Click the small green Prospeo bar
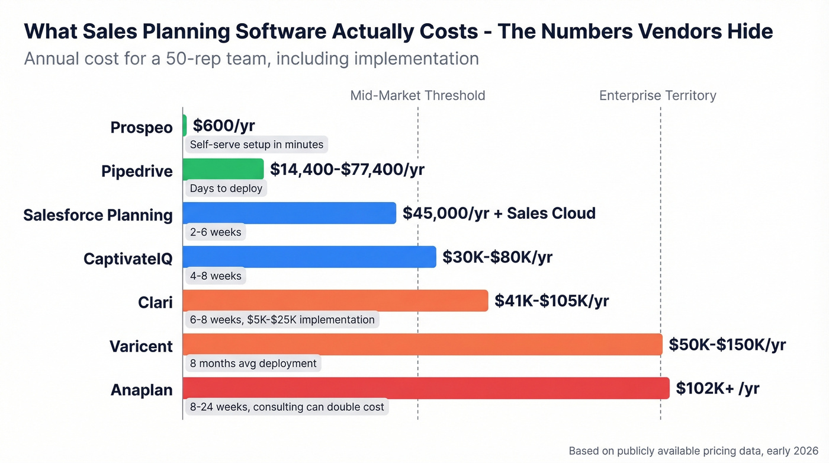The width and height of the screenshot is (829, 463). pyautogui.click(x=185, y=126)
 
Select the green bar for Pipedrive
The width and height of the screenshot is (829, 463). pyautogui.click(x=223, y=169)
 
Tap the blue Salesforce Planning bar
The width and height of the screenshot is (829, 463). pyautogui.click(x=289, y=213)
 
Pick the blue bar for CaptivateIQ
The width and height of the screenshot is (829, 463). pyautogui.click(x=309, y=257)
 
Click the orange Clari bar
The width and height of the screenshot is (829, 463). pyautogui.click(x=335, y=301)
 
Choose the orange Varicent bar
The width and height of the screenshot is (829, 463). pyautogui.click(x=422, y=344)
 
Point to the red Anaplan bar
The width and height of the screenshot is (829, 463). pyautogui.click(x=426, y=388)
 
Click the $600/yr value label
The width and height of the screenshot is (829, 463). pyautogui.click(x=224, y=126)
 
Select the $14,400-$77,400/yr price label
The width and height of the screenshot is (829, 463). pyautogui.click(x=347, y=169)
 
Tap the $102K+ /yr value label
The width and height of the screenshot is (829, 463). pyautogui.click(x=718, y=388)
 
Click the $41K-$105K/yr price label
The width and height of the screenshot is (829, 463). pyautogui.click(x=552, y=301)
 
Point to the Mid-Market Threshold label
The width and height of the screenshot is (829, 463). pyautogui.click(x=417, y=95)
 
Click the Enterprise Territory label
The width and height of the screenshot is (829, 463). pyautogui.click(x=657, y=95)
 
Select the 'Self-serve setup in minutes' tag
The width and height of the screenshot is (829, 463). pyautogui.click(x=256, y=145)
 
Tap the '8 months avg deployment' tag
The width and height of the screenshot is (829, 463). pyautogui.click(x=253, y=363)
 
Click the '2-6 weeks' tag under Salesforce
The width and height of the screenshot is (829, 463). pyautogui.click(x=216, y=232)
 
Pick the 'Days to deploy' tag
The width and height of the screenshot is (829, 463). pyautogui.click(x=226, y=189)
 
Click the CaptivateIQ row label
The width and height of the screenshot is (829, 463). pyautogui.click(x=128, y=258)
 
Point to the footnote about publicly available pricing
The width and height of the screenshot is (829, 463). pyautogui.click(x=693, y=451)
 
